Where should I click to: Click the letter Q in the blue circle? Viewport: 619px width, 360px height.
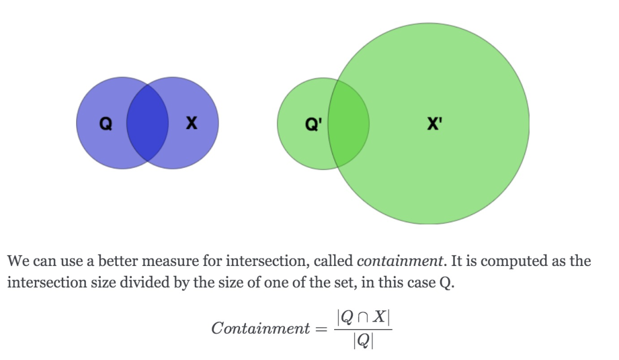(105, 123)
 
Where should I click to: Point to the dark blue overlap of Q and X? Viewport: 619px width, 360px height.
(147, 123)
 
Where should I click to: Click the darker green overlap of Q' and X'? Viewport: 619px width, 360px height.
(348, 123)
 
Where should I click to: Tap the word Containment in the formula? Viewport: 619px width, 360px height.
(260, 328)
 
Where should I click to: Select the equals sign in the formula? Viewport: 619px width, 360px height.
(322, 329)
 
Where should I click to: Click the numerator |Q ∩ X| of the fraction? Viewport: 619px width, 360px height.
(363, 317)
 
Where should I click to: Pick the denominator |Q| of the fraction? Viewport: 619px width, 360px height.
(363, 342)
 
